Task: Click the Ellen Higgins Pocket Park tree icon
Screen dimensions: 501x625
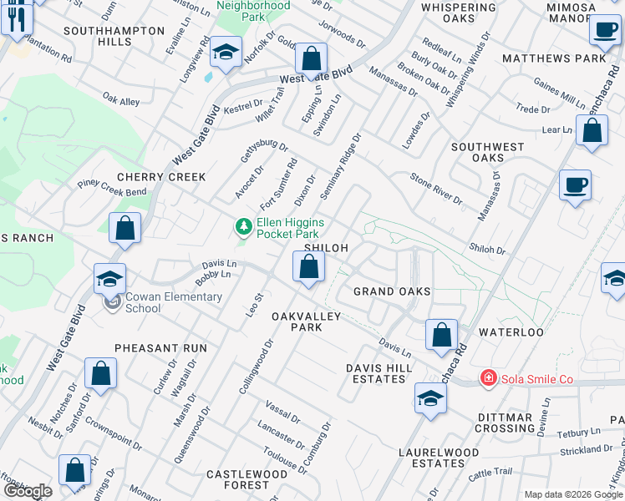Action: [x=243, y=226]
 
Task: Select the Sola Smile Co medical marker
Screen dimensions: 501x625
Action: [x=487, y=379]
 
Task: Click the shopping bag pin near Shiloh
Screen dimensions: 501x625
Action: [x=309, y=267]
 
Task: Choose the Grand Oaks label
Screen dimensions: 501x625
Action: [x=392, y=291]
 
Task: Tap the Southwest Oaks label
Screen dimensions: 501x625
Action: [x=488, y=152]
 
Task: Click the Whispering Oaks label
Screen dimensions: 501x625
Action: [x=459, y=13]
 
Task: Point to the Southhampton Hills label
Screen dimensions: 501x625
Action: [x=119, y=36]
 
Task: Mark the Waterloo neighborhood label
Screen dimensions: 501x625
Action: [x=511, y=332]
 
